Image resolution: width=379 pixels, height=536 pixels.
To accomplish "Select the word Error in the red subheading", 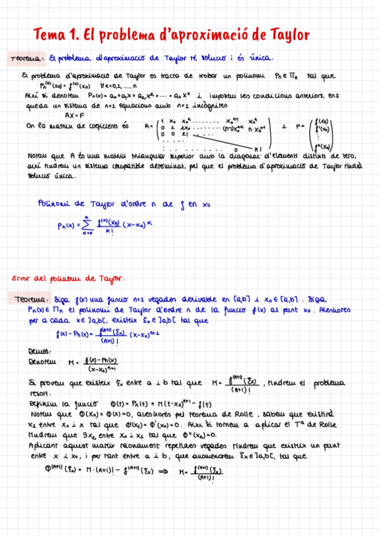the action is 24,278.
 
